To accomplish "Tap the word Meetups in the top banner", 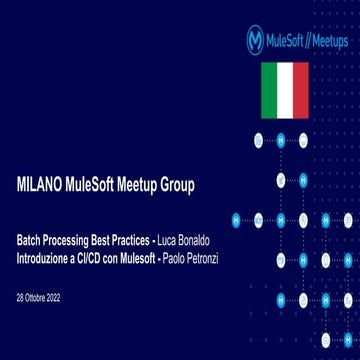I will tap(326, 41).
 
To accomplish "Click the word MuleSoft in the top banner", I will tap(288, 41).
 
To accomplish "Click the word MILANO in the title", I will tap(42, 185).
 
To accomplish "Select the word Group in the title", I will tap(196, 185).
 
